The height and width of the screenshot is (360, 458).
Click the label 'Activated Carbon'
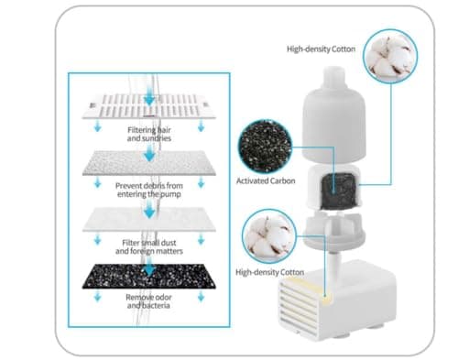266,180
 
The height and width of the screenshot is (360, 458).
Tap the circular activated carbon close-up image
265,147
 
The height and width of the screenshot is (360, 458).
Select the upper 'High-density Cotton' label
321,49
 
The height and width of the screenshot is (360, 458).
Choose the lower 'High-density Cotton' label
269,272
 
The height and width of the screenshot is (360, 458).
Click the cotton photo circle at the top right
390,56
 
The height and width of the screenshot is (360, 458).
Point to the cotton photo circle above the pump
269,236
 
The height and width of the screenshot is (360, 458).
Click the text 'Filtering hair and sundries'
149,134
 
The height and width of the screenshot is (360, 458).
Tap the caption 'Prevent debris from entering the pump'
149,190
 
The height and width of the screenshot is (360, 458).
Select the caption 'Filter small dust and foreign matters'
149,247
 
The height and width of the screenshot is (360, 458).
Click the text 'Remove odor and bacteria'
149,301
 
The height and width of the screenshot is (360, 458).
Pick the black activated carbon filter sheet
149,277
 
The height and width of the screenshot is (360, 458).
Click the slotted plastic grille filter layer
149,106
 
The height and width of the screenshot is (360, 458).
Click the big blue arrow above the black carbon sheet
149,268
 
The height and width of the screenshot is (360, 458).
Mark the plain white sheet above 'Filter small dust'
149,220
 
